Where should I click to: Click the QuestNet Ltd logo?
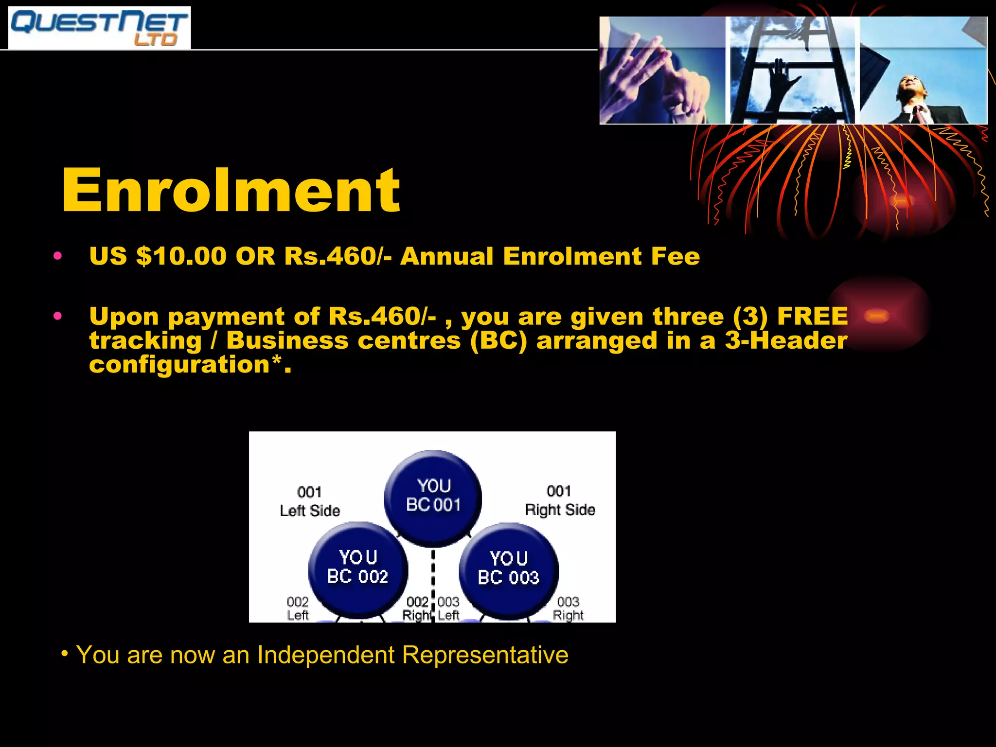[99, 28]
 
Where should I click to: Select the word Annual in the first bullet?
[446, 256]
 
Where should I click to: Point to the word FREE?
[812, 317]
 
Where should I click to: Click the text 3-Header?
[786, 340]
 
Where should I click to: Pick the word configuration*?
[190, 364]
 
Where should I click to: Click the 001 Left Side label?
[310, 501]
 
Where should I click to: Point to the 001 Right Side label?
[560, 500]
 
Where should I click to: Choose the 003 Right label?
[568, 609]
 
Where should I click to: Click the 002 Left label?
[298, 609]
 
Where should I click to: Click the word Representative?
[485, 655]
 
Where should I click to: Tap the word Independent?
[326, 655]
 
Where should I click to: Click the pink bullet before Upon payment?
[58, 317]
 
